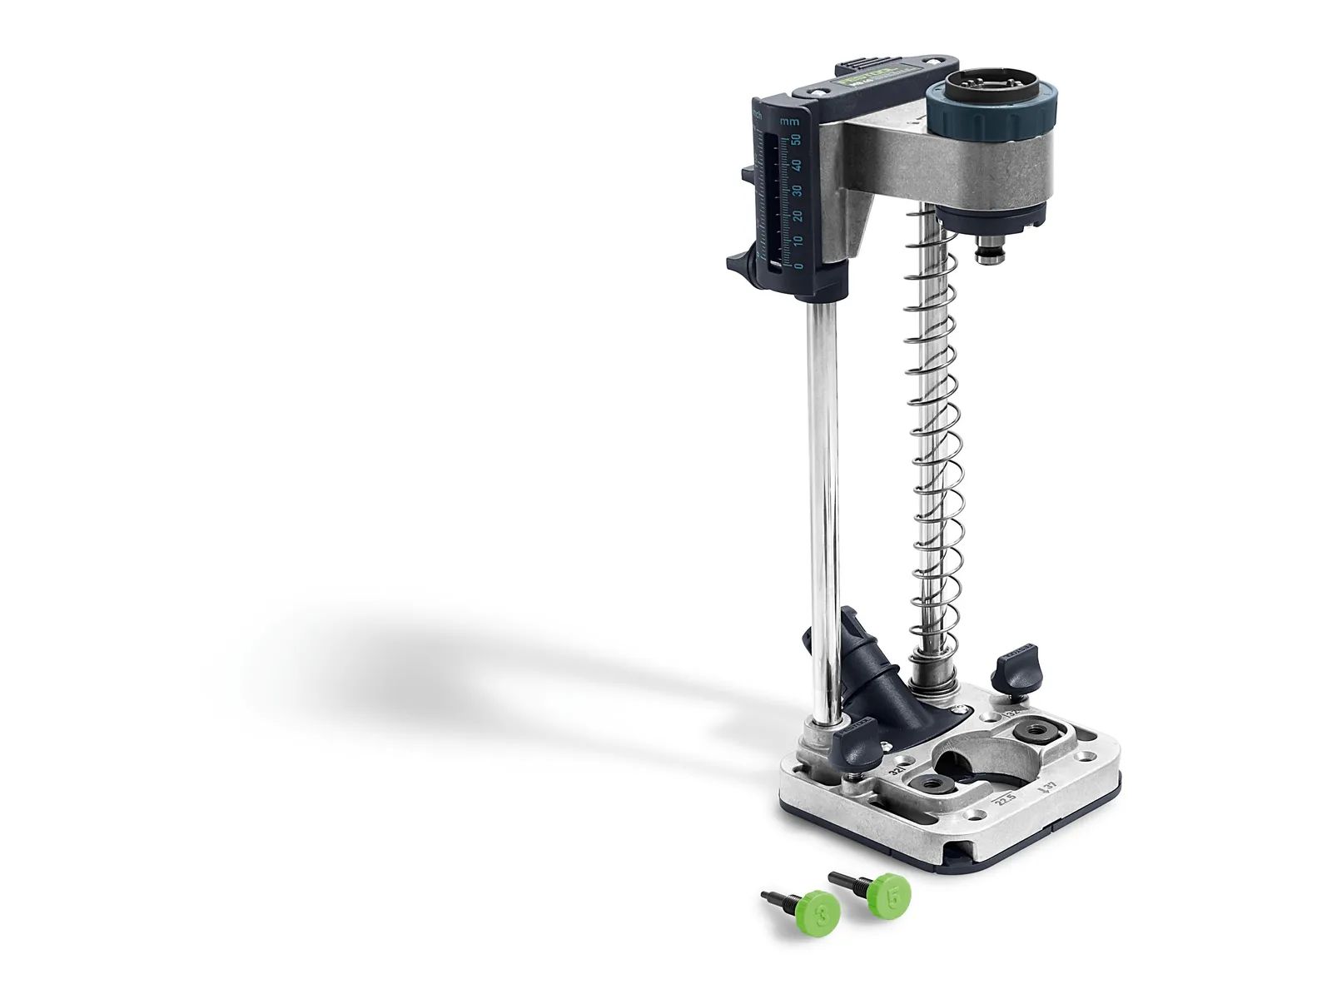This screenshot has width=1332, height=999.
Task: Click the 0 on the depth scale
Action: pyautogui.click(x=214, y=266)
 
